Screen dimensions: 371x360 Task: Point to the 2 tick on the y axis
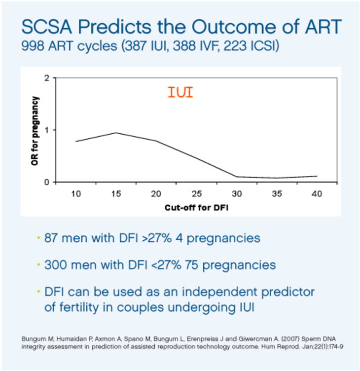pos(46,78)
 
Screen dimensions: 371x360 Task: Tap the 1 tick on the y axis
pos(46,130)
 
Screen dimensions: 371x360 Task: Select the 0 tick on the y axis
pos(46,183)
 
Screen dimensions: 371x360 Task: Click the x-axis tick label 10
pos(75,193)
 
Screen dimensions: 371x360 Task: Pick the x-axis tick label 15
pos(116,193)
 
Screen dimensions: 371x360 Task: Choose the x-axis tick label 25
pos(196,193)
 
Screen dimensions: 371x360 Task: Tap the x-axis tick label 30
pos(236,193)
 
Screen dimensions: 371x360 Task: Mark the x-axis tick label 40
pos(317,193)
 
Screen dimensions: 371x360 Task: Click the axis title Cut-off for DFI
pos(196,207)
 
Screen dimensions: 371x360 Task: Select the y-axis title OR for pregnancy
pos(35,130)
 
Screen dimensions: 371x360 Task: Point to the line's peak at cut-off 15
pos(116,133)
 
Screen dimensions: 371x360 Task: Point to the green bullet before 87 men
pos(38,238)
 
